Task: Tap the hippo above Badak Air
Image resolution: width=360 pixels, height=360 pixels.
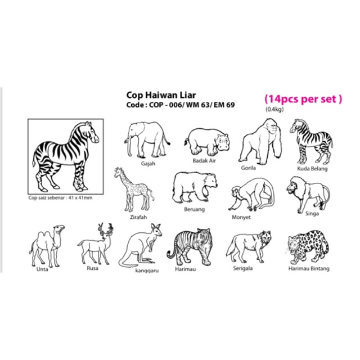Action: click(206, 142)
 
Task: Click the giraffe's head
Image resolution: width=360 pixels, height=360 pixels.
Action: click(118, 173)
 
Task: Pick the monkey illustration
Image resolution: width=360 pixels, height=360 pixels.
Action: click(251, 195)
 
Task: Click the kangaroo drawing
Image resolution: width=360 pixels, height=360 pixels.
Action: click(141, 246)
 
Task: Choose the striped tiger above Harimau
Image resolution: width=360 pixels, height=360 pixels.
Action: click(189, 247)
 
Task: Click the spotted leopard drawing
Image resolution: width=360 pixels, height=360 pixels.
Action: click(308, 247)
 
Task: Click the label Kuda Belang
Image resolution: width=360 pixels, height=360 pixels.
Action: click(312, 169)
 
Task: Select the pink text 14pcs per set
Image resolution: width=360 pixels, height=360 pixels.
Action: click(303, 99)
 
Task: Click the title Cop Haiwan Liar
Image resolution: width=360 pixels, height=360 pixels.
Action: click(161, 95)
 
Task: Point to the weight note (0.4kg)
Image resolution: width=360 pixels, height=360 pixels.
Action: click(274, 110)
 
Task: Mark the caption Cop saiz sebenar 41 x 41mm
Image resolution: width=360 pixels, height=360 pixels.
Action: click(60, 197)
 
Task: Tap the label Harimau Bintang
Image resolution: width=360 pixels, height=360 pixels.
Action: click(309, 269)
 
